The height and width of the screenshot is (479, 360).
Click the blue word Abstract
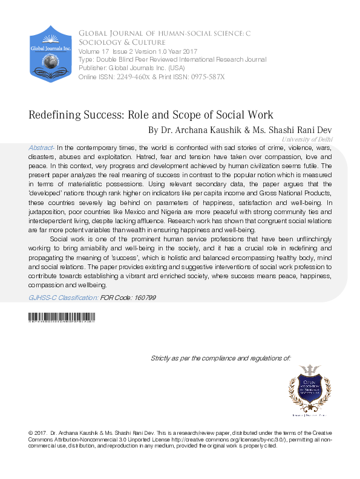[41, 148]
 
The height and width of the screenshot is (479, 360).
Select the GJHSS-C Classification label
[63, 298]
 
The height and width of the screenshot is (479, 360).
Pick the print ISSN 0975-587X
[204, 77]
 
